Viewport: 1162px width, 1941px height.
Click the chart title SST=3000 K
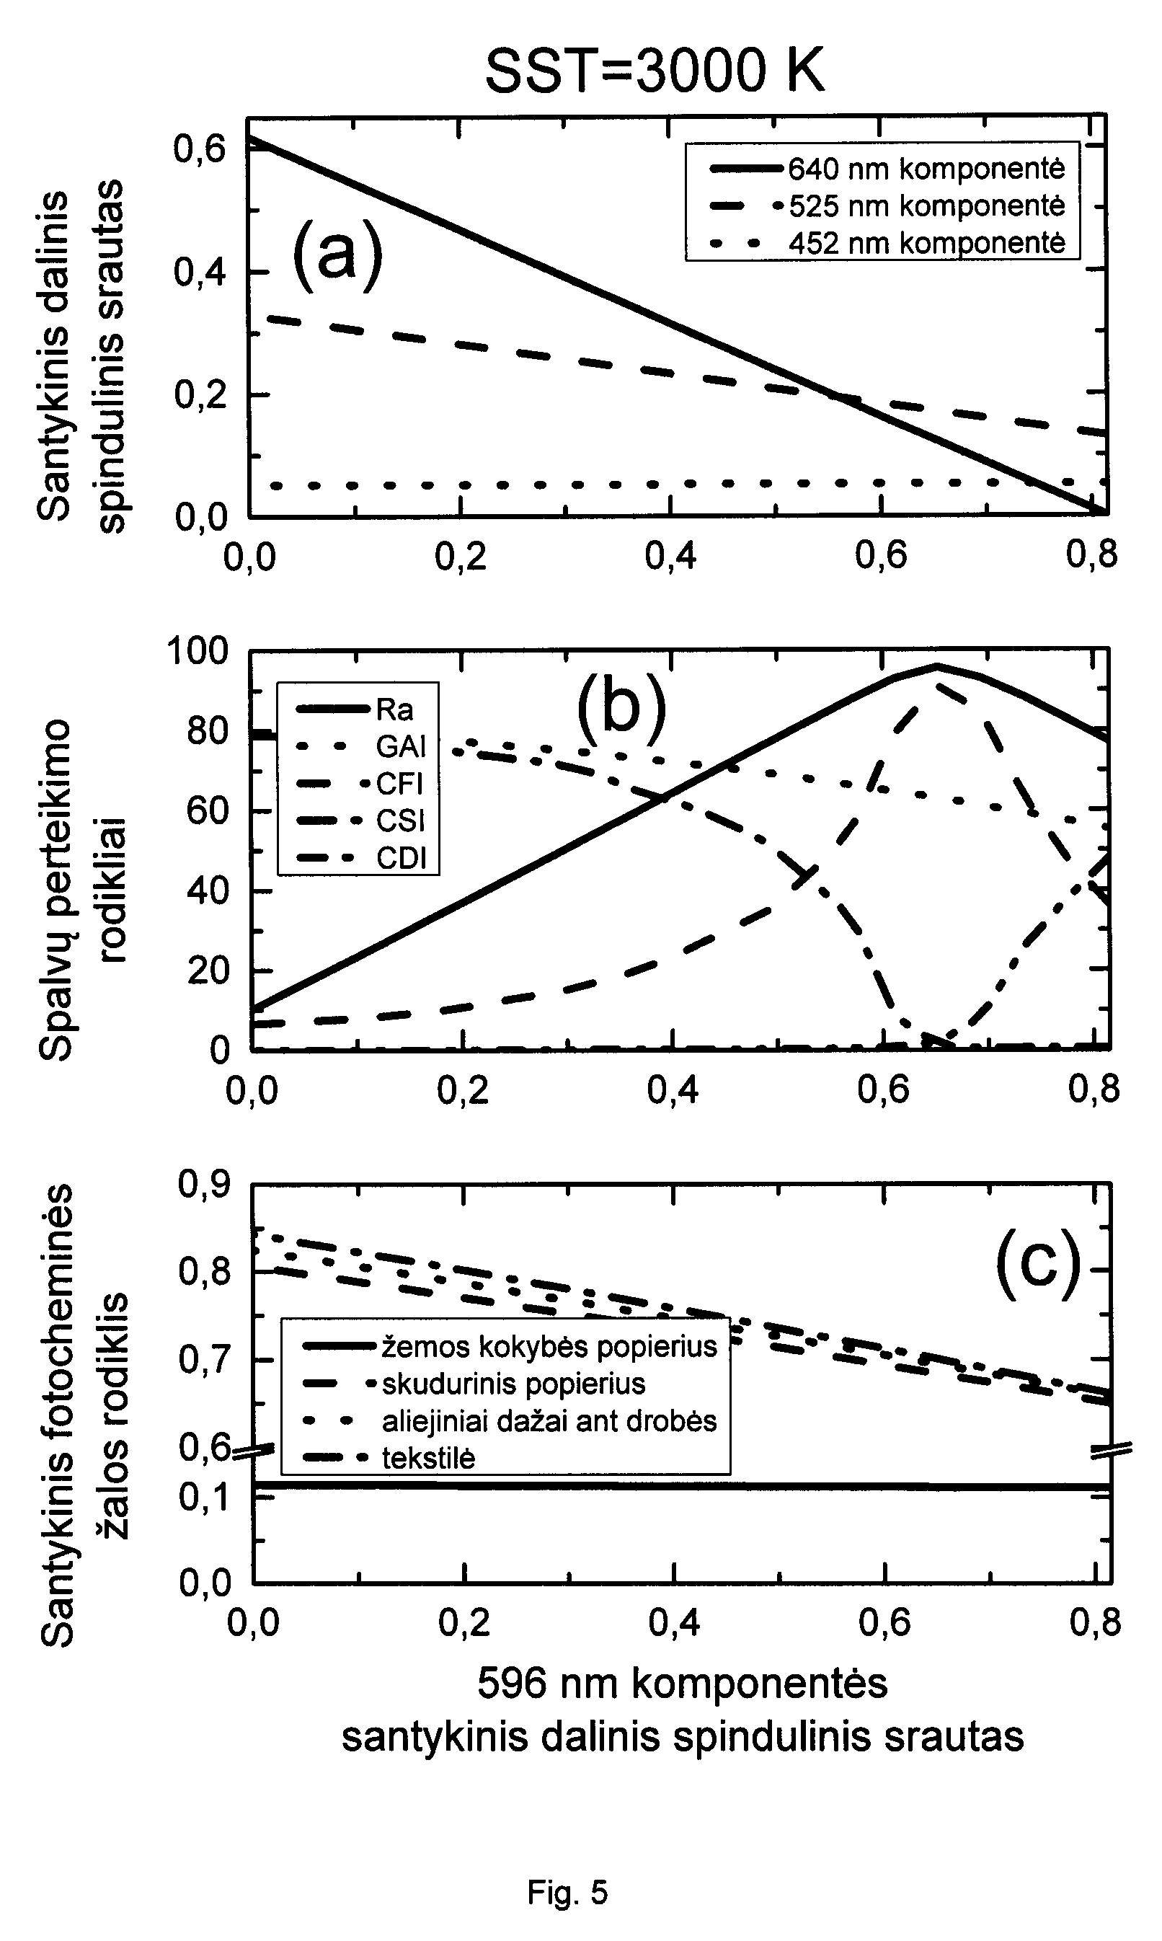point(655,71)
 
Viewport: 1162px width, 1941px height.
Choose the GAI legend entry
point(361,747)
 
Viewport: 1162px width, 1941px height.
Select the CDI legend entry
point(361,859)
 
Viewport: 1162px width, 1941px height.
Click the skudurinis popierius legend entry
point(474,1384)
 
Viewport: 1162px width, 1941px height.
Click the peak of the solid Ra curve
point(936,666)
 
